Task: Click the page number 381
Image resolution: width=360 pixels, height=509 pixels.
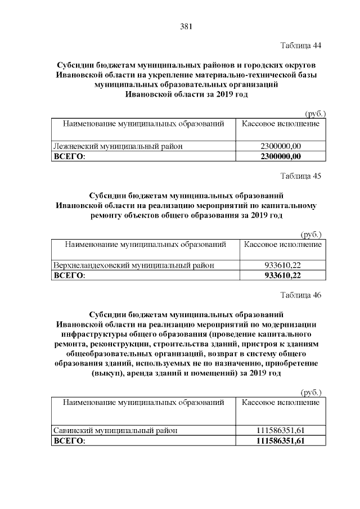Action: [187, 26]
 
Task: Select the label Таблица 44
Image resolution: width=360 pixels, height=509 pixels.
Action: [301, 44]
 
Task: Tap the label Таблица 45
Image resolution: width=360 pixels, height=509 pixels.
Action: [301, 175]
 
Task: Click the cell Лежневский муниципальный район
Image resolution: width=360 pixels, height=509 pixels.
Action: [118, 146]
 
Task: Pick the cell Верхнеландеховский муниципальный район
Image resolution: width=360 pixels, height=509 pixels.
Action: [133, 265]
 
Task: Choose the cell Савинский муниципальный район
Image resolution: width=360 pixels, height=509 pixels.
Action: [115, 430]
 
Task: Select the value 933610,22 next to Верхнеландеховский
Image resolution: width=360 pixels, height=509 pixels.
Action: [283, 265]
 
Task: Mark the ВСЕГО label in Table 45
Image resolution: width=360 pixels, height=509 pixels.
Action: [68, 276]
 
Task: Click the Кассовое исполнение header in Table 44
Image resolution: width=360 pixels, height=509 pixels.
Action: [281, 123]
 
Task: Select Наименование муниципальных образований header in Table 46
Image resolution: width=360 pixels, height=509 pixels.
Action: [143, 403]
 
